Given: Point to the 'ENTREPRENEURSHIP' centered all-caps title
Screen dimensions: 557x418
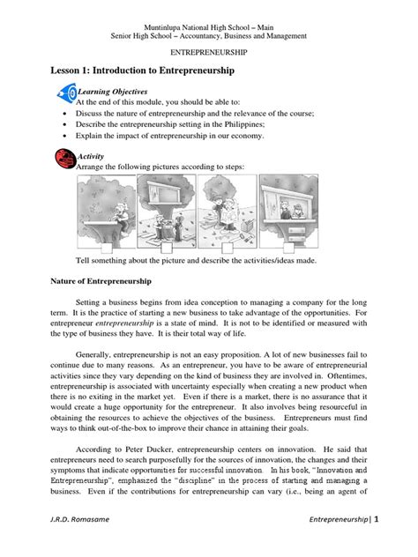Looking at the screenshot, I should click(208, 53).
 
